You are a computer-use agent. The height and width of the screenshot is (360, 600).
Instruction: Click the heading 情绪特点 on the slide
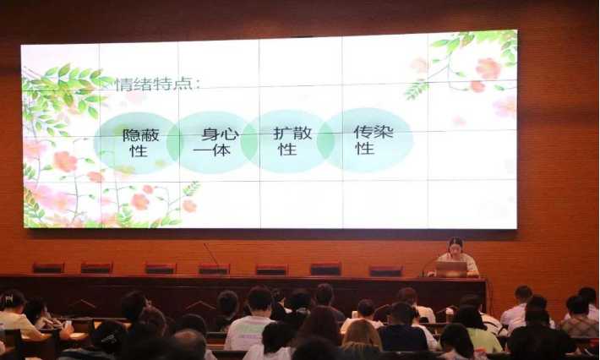tap(154, 85)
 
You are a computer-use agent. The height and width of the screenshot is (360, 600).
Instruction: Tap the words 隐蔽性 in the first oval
tap(140, 143)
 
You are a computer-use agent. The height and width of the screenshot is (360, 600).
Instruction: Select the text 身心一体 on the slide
tap(216, 142)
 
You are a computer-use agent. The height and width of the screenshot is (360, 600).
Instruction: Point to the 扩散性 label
tap(292, 141)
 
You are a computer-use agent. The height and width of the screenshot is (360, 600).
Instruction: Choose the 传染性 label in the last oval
tap(374, 139)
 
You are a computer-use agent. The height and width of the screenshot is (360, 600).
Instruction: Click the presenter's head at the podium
tap(455, 245)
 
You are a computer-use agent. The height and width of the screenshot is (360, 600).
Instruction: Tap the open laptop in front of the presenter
tap(451, 269)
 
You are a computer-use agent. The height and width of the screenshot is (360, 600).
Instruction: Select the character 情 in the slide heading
tap(125, 85)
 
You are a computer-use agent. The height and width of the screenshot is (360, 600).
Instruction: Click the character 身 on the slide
tap(210, 134)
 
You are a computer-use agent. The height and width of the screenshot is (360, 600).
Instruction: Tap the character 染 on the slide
tap(384, 132)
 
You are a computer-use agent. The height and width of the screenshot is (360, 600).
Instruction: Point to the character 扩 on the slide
tap(283, 134)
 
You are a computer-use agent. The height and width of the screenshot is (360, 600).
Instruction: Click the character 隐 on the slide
tap(131, 135)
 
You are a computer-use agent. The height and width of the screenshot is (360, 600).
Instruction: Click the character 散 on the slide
tap(303, 134)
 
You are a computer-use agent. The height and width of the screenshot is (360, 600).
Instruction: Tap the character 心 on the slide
tap(230, 134)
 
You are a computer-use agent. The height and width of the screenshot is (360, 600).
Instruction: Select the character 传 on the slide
tap(363, 132)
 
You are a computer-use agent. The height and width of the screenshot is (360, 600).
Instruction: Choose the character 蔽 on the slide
tap(150, 135)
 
